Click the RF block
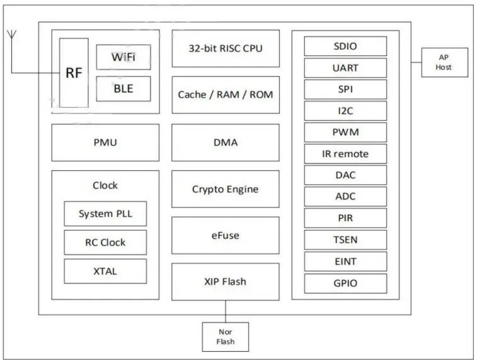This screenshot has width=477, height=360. click(74, 73)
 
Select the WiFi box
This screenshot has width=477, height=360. click(123, 57)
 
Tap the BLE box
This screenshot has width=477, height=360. click(123, 89)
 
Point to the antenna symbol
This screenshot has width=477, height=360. click(12, 35)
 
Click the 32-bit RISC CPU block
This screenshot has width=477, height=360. click(226, 49)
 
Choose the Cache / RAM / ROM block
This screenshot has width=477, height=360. click(226, 95)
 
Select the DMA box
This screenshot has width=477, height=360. click(226, 142)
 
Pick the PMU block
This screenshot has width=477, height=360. click(105, 142)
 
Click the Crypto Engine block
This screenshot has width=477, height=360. click(226, 189)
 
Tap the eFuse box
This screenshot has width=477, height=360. click(226, 236)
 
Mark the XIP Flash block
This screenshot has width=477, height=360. click(226, 282)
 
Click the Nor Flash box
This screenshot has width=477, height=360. click(226, 337)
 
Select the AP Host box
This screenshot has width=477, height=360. click(444, 62)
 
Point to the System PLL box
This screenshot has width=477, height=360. click(105, 214)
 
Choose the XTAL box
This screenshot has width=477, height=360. click(105, 271)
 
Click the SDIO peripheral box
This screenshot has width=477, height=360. click(345, 46)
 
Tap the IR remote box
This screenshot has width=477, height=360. click(345, 154)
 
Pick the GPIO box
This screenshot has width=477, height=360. click(345, 283)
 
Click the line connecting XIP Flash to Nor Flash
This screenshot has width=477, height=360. click(226, 311)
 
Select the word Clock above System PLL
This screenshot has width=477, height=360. click(105, 185)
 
